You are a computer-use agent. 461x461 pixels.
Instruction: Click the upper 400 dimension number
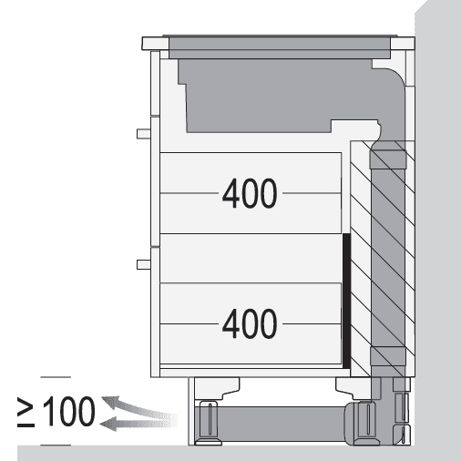250,193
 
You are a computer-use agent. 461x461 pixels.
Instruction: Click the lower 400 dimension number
250,323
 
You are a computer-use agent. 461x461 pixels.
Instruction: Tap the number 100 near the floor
69,411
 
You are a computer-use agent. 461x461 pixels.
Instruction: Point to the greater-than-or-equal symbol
26,412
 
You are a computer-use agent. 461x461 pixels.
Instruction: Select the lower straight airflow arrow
138,424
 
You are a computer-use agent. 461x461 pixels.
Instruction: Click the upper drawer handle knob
144,134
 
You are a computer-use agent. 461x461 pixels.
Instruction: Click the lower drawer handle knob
144,264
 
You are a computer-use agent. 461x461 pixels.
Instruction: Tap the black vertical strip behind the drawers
346,301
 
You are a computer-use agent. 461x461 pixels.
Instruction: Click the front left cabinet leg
210,423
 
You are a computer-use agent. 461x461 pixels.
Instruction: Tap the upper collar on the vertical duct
388,159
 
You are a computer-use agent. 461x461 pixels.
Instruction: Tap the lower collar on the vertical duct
388,356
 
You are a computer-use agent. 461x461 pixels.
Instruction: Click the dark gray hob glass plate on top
280,47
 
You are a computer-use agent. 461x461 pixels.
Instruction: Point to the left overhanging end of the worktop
155,44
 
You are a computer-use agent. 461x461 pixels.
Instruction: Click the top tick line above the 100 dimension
56,377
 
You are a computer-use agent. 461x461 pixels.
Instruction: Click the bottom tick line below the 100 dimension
56,446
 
